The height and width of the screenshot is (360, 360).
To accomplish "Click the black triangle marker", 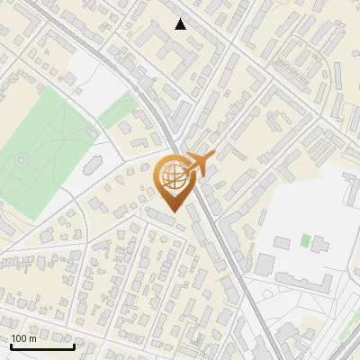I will pos(181,24).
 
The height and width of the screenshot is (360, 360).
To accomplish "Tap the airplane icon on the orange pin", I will pos(201,162).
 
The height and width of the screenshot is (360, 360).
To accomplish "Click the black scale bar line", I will pos(42,346).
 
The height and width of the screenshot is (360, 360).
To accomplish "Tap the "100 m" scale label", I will pos(24,338).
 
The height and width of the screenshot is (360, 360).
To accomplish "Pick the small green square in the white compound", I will pos(306,240).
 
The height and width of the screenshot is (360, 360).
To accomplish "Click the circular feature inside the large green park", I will pos(20,161).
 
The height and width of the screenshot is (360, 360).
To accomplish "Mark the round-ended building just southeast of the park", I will pos(91,166).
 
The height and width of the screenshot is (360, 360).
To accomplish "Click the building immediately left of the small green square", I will pos(283,242).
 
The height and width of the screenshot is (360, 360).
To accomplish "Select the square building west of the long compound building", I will pos(265,265).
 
